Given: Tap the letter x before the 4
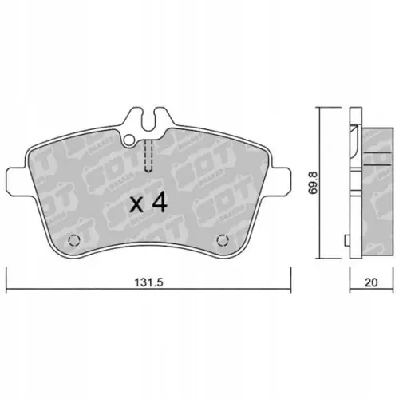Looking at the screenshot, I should coord(137,206).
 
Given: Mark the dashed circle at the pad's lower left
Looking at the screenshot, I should coord(74,239).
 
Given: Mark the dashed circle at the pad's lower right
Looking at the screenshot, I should coord(223,239).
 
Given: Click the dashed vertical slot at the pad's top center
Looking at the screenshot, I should coord(148,155).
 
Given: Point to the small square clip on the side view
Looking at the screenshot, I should coord(345,239).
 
